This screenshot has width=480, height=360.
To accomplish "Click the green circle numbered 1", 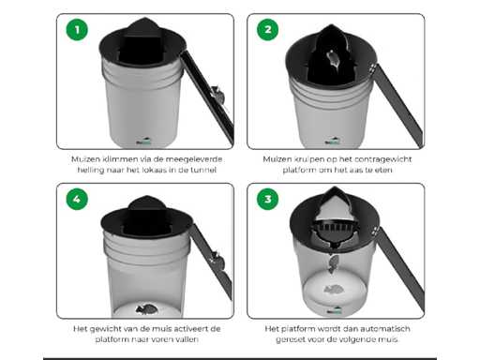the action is pyautogui.click(x=77, y=30).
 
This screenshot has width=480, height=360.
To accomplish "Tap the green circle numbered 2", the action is pyautogui.click(x=267, y=30).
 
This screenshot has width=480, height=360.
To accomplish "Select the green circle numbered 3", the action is pyautogui.click(x=267, y=199).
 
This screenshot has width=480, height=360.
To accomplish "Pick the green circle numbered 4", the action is pyautogui.click(x=77, y=199).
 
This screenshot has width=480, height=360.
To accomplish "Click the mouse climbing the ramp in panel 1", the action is pyautogui.click(x=217, y=95).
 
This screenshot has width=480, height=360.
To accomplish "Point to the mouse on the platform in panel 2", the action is pyautogui.click(x=333, y=59).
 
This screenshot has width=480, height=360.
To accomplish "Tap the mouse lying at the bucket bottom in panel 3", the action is pyautogui.click(x=334, y=290).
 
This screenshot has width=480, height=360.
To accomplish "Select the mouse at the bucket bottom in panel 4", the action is pyautogui.click(x=146, y=308).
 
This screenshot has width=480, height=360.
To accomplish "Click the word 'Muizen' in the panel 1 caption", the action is pyautogui.click(x=82, y=159).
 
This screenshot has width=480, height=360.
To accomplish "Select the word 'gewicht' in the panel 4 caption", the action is pyautogui.click(x=105, y=329).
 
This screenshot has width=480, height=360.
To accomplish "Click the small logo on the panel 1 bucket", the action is pyautogui.click(x=143, y=142).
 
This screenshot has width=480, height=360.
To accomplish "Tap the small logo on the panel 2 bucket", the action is pyautogui.click(x=333, y=141).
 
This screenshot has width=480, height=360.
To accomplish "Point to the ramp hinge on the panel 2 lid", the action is pyautogui.click(x=372, y=69).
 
